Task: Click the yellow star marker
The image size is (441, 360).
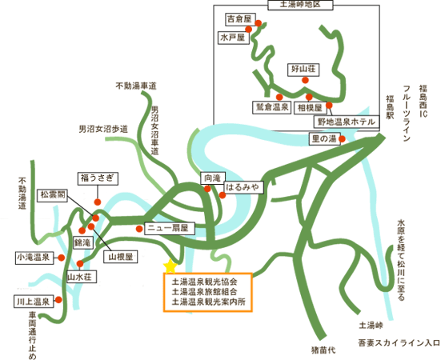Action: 170,266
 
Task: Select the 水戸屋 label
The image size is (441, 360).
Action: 234,38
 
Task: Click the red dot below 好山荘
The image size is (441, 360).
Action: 305,80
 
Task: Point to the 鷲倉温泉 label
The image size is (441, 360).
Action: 271,107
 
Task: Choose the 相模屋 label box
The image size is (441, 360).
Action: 311,108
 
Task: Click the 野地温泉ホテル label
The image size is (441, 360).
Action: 347,122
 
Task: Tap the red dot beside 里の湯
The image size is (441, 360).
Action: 342,139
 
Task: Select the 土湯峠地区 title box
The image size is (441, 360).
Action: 300,5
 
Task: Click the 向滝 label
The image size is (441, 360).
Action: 213,178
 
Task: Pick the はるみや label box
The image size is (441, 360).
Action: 244,187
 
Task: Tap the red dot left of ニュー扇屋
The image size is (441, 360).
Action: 139,229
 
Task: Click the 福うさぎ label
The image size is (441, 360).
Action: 98,178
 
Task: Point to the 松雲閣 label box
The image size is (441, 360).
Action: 53,195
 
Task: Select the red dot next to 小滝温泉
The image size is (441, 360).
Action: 62,258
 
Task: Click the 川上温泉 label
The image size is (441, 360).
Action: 34,302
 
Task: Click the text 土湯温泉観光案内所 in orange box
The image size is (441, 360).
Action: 208,302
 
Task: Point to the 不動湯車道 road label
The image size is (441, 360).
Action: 136,86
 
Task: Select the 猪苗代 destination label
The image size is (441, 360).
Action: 323,350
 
